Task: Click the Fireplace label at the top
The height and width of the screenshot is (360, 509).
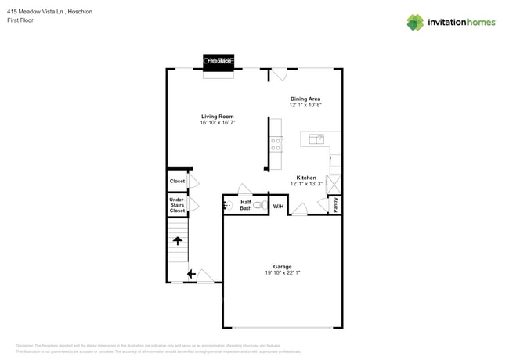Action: coord(218,60)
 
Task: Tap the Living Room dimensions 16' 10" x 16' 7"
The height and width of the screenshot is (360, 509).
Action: coord(218,123)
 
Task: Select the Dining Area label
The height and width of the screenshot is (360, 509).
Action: coord(305,99)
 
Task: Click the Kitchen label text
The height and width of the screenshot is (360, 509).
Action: coord(306,178)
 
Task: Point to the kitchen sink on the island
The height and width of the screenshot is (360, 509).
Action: coord(317,139)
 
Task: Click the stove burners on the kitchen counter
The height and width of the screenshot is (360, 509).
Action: coord(276,143)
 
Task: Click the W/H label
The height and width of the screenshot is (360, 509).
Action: coord(278,206)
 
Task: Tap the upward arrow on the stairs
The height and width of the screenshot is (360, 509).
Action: coord(178,241)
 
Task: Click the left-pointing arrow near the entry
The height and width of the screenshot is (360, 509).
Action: coord(191,274)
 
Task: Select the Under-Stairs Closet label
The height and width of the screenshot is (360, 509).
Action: coord(178,205)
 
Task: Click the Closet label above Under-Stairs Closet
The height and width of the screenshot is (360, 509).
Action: coord(178,181)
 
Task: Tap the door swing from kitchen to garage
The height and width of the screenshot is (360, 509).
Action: coord(299,209)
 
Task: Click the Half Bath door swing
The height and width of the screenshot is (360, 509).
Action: coord(244,189)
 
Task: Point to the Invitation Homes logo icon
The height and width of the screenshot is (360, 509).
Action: coord(415,22)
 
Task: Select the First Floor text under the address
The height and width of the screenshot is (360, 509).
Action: coord(22,21)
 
